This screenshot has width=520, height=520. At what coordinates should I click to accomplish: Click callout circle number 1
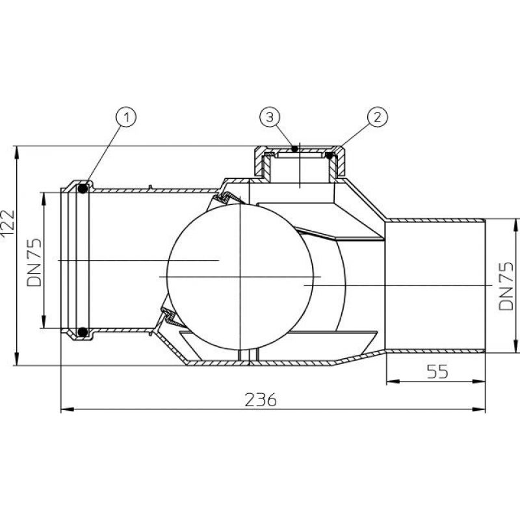pyautogui.click(x=126, y=118)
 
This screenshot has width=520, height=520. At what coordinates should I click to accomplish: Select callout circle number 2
pyautogui.click(x=378, y=117)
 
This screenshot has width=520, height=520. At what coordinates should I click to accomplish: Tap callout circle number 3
pyautogui.click(x=270, y=117)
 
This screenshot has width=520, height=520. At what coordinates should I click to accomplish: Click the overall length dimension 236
pyautogui.click(x=261, y=400)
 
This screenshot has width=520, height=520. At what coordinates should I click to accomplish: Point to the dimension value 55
pyautogui.click(x=437, y=371)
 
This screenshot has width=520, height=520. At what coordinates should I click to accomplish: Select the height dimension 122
pyautogui.click(x=7, y=224)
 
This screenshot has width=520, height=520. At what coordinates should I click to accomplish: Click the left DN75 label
pyautogui.click(x=34, y=263)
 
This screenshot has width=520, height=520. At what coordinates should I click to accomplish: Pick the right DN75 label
pyautogui.click(x=506, y=286)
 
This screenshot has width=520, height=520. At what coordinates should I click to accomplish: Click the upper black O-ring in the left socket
pyautogui.click(x=83, y=189)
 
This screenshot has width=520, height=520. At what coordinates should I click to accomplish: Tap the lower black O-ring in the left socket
pyautogui.click(x=83, y=331)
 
